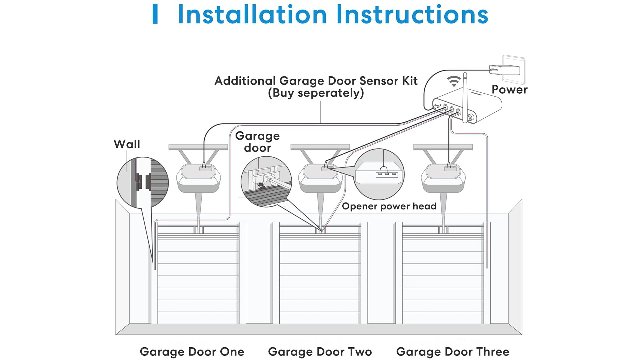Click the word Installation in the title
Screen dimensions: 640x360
[x=252, y=14]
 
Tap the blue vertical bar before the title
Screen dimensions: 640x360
[x=155, y=14]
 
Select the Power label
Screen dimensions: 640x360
[x=509, y=89]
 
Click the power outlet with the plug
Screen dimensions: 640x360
[x=508, y=69]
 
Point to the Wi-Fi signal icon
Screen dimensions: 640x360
[x=453, y=80]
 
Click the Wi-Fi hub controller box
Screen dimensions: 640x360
[x=465, y=107]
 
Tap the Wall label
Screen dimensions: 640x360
[x=127, y=144]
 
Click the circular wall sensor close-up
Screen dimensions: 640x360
[x=143, y=182]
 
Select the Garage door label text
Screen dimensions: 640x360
[x=257, y=142]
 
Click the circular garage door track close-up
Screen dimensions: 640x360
[x=267, y=181]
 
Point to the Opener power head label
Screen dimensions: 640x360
[x=389, y=206]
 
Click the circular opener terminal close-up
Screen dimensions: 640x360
[x=378, y=174]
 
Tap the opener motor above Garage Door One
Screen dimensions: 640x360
[x=198, y=177]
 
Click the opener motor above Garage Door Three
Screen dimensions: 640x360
[x=443, y=177]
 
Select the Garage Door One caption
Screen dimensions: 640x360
[x=192, y=351]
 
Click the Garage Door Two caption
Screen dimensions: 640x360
[x=320, y=351]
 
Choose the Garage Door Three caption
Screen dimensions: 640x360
[x=453, y=351]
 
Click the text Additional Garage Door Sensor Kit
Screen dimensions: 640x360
[x=316, y=81]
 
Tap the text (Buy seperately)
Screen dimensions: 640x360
[x=316, y=93]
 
